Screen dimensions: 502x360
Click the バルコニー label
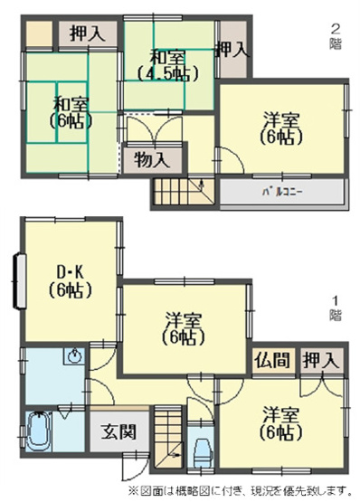click(x=282, y=194)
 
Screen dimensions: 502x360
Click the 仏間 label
click(x=273, y=360)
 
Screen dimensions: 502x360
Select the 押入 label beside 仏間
click(x=321, y=360)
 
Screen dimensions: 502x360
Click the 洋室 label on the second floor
click(x=282, y=128)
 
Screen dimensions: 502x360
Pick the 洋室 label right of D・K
click(x=184, y=328)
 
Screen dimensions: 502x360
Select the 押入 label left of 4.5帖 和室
click(x=88, y=35)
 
